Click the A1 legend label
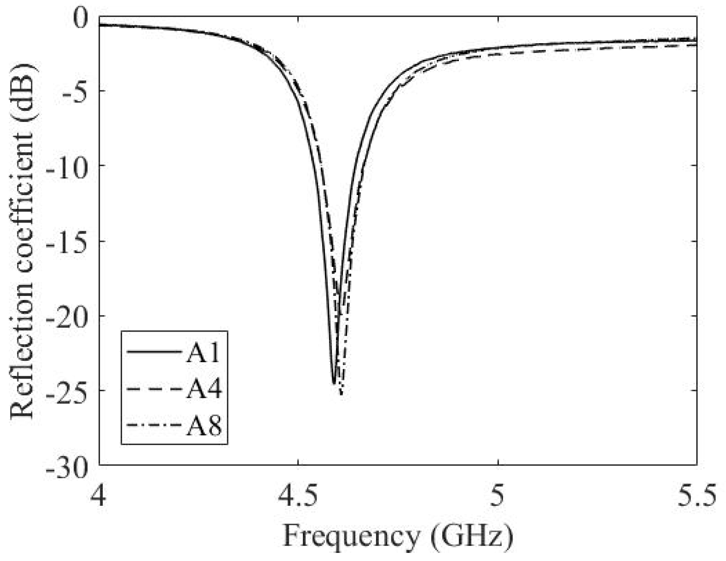[203, 353]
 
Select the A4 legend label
[204, 389]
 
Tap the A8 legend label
[204, 426]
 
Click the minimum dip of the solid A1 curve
[334, 384]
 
